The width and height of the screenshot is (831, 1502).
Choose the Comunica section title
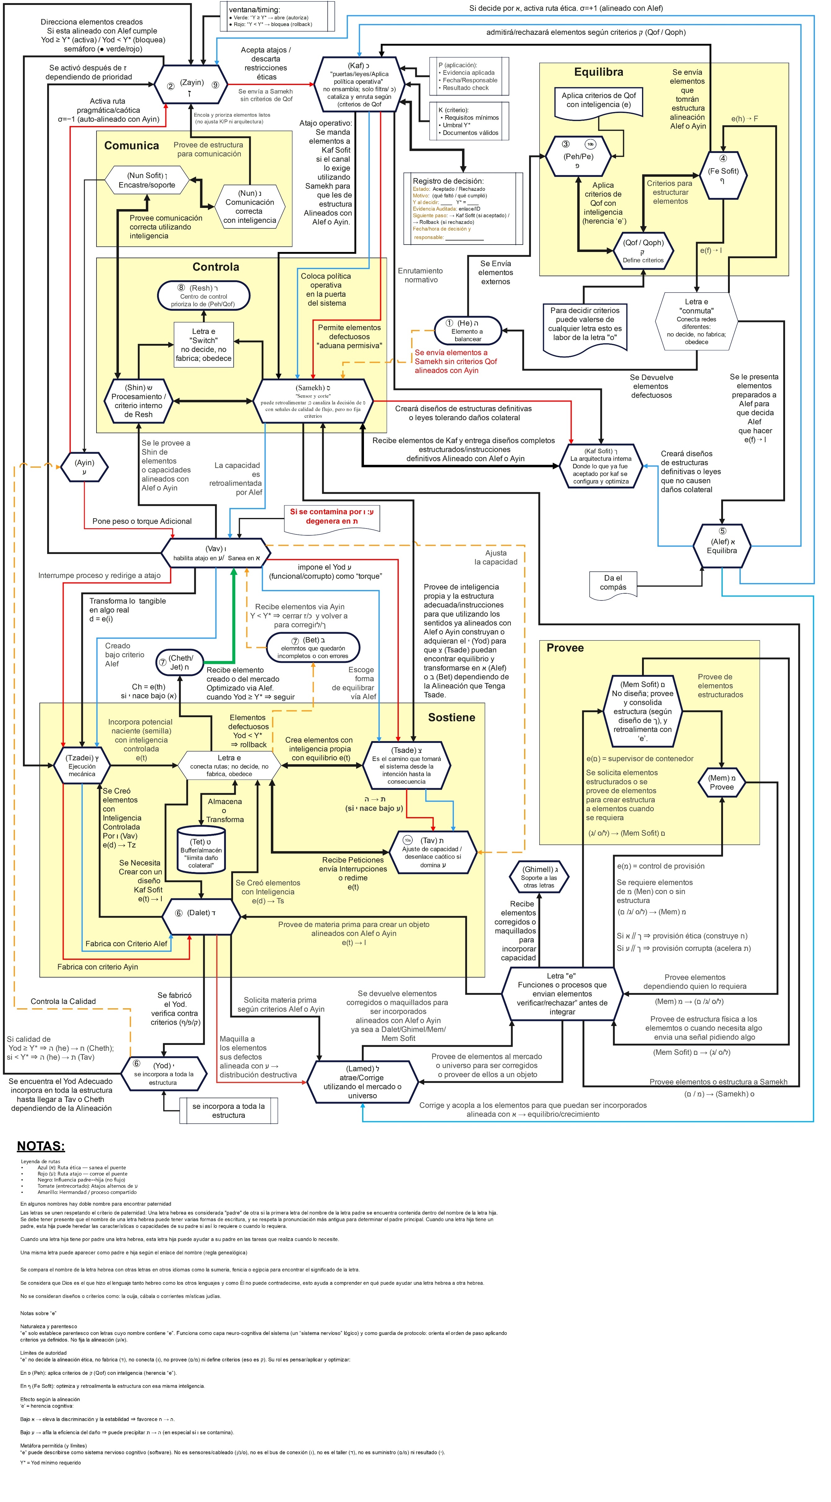(132, 146)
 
